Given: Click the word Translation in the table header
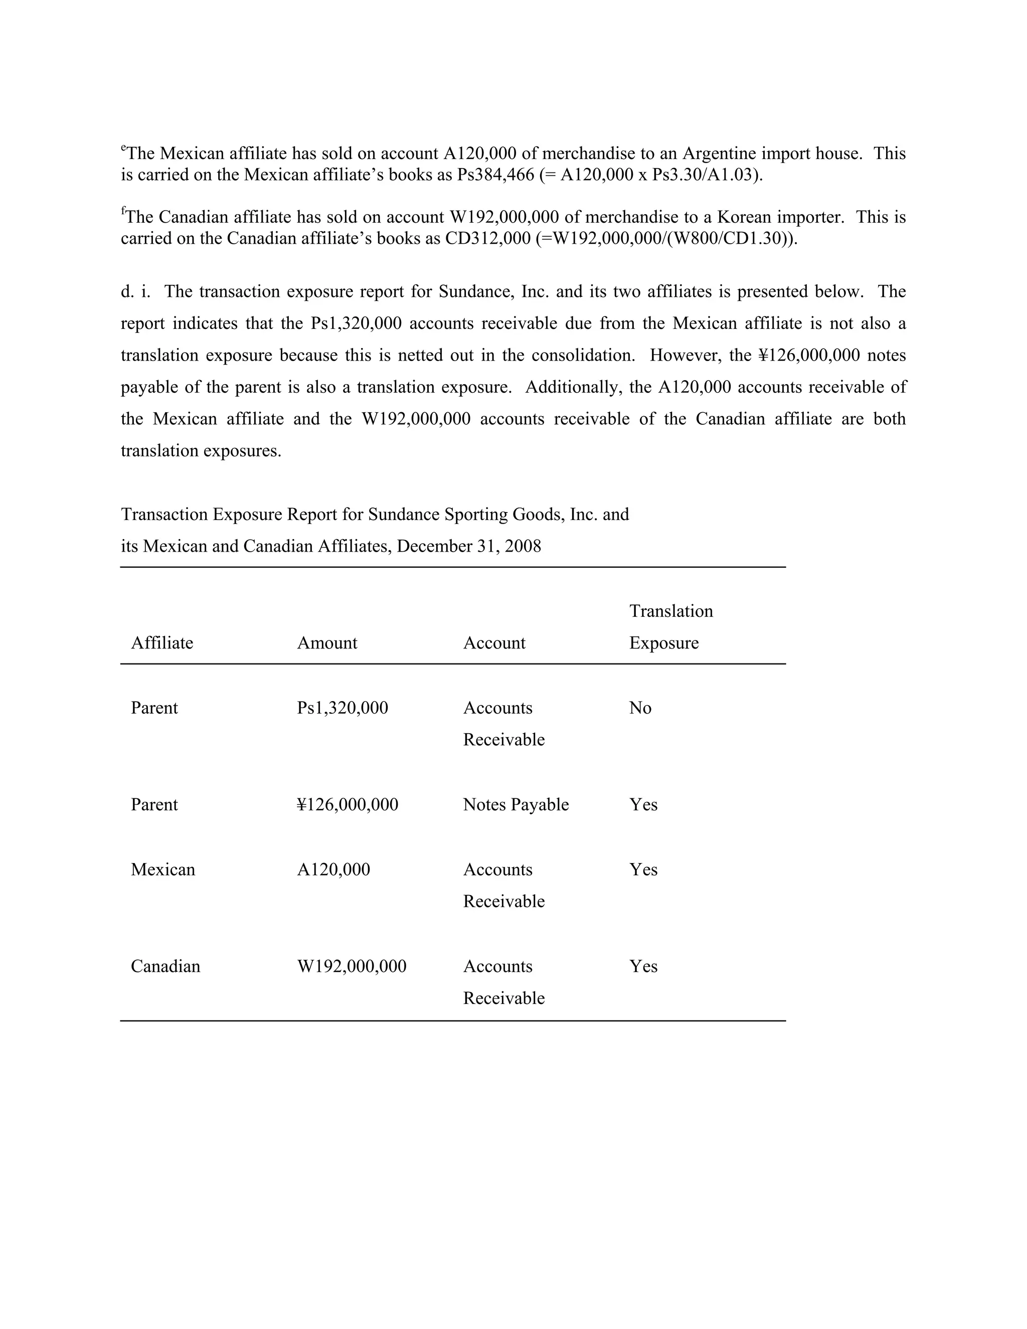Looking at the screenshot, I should (x=670, y=610).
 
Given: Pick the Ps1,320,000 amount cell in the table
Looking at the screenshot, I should (x=342, y=708).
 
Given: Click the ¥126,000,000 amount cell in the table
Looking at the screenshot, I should (x=347, y=804).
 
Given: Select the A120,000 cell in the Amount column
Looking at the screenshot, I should (x=333, y=869).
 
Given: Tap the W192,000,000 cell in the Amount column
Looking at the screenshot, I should (x=351, y=966).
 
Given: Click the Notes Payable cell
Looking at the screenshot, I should (x=516, y=804).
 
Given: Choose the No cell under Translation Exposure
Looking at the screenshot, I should (x=640, y=708).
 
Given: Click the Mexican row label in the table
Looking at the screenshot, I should (x=162, y=869).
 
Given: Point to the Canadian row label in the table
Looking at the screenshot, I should (x=165, y=966).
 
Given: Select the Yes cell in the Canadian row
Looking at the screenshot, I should (x=643, y=966).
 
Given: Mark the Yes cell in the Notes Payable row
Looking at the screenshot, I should (x=643, y=804).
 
